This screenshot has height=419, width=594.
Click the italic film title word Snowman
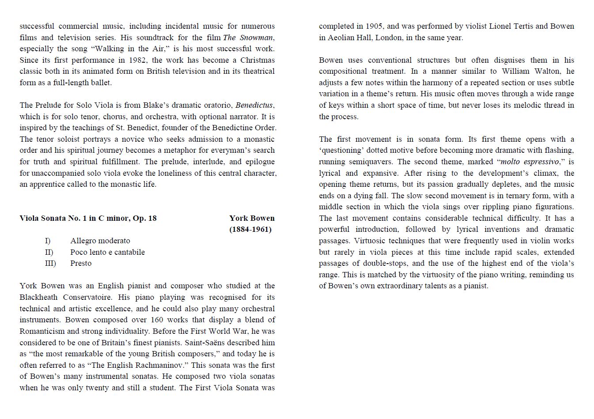(257, 38)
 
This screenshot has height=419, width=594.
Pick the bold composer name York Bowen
(252, 218)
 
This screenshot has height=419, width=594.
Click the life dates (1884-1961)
(250, 229)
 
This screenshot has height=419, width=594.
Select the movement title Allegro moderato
(100, 241)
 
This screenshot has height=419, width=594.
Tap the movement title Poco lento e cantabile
(107, 252)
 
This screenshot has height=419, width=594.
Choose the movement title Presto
(81, 263)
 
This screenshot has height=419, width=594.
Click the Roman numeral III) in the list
(50, 263)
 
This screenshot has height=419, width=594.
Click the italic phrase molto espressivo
(530, 162)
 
